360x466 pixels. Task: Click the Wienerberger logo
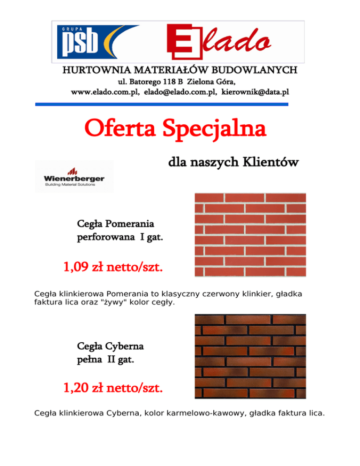[x=75, y=176]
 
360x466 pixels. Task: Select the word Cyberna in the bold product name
[x=124, y=347]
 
